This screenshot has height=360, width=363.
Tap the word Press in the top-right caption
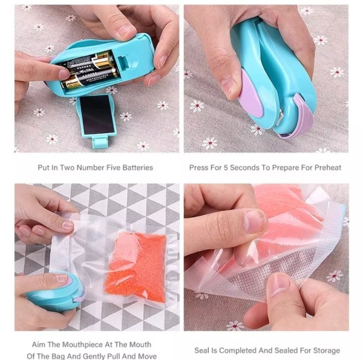pyautogui.click(x=201, y=168)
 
